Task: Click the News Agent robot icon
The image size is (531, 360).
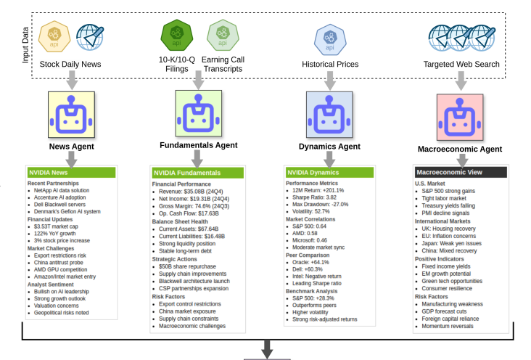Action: coord(71,115)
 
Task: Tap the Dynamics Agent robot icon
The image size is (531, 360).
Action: coord(329,115)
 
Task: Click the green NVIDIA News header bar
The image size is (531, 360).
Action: coord(70,173)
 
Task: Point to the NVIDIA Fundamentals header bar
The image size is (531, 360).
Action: coord(197,173)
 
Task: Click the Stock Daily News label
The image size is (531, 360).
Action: coord(70,65)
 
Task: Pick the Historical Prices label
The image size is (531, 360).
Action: coord(330,65)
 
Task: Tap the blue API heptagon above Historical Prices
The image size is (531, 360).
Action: coord(330,38)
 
